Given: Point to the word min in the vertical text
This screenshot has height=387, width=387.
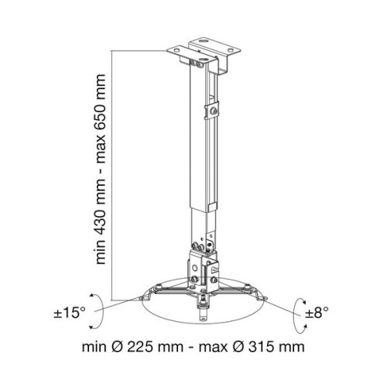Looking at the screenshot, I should pyautogui.click(x=100, y=255).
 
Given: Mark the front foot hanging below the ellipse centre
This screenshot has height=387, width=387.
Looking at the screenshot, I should pyautogui.click(x=204, y=314).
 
